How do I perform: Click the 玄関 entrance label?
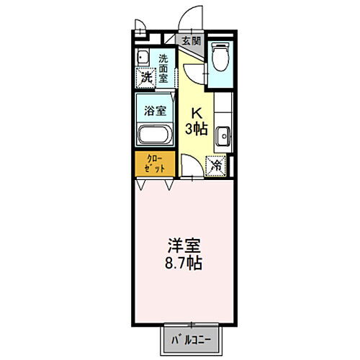pos(190,41)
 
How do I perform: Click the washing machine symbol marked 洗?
pos(146,76)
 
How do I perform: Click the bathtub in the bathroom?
pos(154,135)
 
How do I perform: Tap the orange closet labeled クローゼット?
pos(155,163)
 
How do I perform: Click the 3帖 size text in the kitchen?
pos(199,130)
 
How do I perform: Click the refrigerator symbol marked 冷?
pos(217,165)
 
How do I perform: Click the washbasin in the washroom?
pos(143,58)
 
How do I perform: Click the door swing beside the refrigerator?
pos(191,165)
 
